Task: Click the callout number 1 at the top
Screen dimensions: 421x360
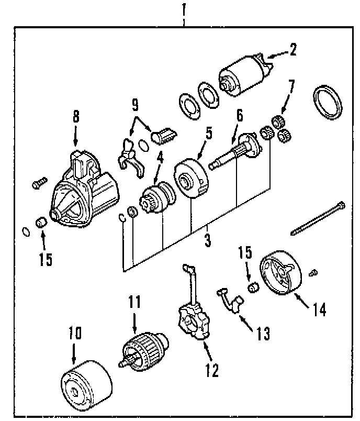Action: click(x=184, y=9)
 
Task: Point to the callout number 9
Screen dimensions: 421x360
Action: click(x=135, y=106)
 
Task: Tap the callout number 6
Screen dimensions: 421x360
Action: click(x=239, y=116)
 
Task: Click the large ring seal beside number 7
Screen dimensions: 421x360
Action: click(x=328, y=103)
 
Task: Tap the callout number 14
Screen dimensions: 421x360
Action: click(x=320, y=309)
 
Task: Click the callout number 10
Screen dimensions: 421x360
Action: click(x=75, y=333)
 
